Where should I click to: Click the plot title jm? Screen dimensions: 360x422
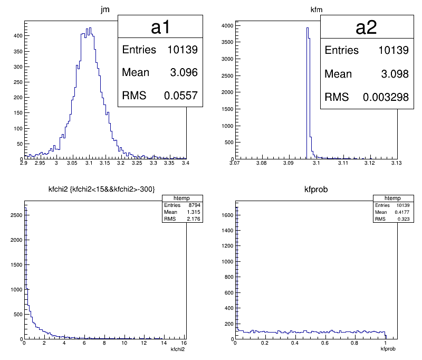(104, 9)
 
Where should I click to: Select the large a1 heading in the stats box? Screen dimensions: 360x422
(160, 27)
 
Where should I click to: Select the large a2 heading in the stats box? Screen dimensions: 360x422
(366, 27)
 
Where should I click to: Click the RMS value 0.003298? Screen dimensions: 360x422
(386, 97)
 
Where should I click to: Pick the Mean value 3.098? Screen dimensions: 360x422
(395, 74)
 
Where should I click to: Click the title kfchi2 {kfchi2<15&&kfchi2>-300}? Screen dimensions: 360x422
(104, 190)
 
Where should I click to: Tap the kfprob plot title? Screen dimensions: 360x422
(315, 190)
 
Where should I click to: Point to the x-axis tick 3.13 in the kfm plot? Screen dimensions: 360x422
(396, 164)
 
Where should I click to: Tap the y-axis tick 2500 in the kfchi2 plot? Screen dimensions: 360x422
(14, 215)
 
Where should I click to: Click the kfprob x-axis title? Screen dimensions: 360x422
(388, 349)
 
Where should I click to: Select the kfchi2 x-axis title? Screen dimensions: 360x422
(177, 349)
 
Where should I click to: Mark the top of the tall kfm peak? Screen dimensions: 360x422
(308, 28)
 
